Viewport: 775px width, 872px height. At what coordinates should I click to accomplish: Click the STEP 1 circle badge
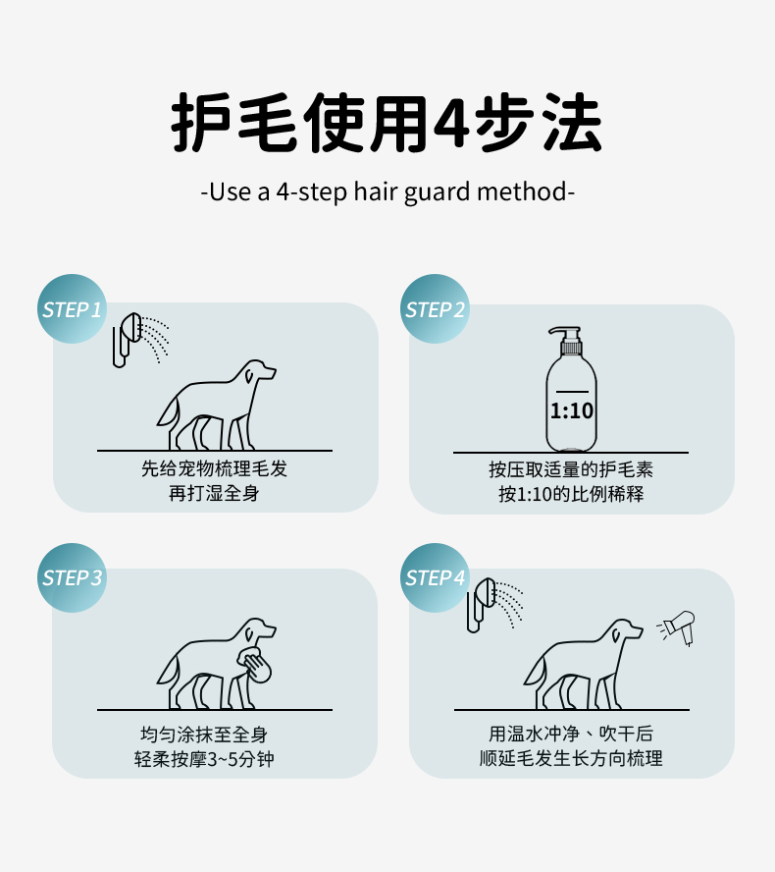click(x=72, y=308)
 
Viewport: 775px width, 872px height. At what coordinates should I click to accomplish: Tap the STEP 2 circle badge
click(x=435, y=308)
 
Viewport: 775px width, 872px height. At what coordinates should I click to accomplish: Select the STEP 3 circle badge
click(x=72, y=577)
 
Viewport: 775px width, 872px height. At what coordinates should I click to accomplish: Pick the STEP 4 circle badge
click(x=435, y=577)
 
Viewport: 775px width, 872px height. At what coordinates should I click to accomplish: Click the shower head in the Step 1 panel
click(x=126, y=338)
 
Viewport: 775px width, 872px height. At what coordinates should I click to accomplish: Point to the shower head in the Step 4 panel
click(x=480, y=604)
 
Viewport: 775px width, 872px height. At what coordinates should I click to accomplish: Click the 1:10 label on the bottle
click(x=571, y=410)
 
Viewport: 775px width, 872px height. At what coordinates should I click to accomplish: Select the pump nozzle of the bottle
click(x=565, y=334)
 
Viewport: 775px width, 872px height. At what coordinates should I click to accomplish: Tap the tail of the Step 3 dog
click(x=168, y=669)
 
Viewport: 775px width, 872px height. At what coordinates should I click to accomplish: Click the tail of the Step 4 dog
click(x=535, y=669)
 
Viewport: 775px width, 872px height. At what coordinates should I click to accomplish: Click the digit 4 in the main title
click(x=451, y=123)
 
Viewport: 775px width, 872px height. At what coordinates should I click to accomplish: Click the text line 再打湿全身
click(x=214, y=493)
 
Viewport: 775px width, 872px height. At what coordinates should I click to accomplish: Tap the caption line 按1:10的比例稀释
click(x=571, y=493)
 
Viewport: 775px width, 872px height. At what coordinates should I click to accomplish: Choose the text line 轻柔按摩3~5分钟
click(x=204, y=758)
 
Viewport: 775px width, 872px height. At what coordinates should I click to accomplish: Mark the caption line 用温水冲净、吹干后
click(x=571, y=734)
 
